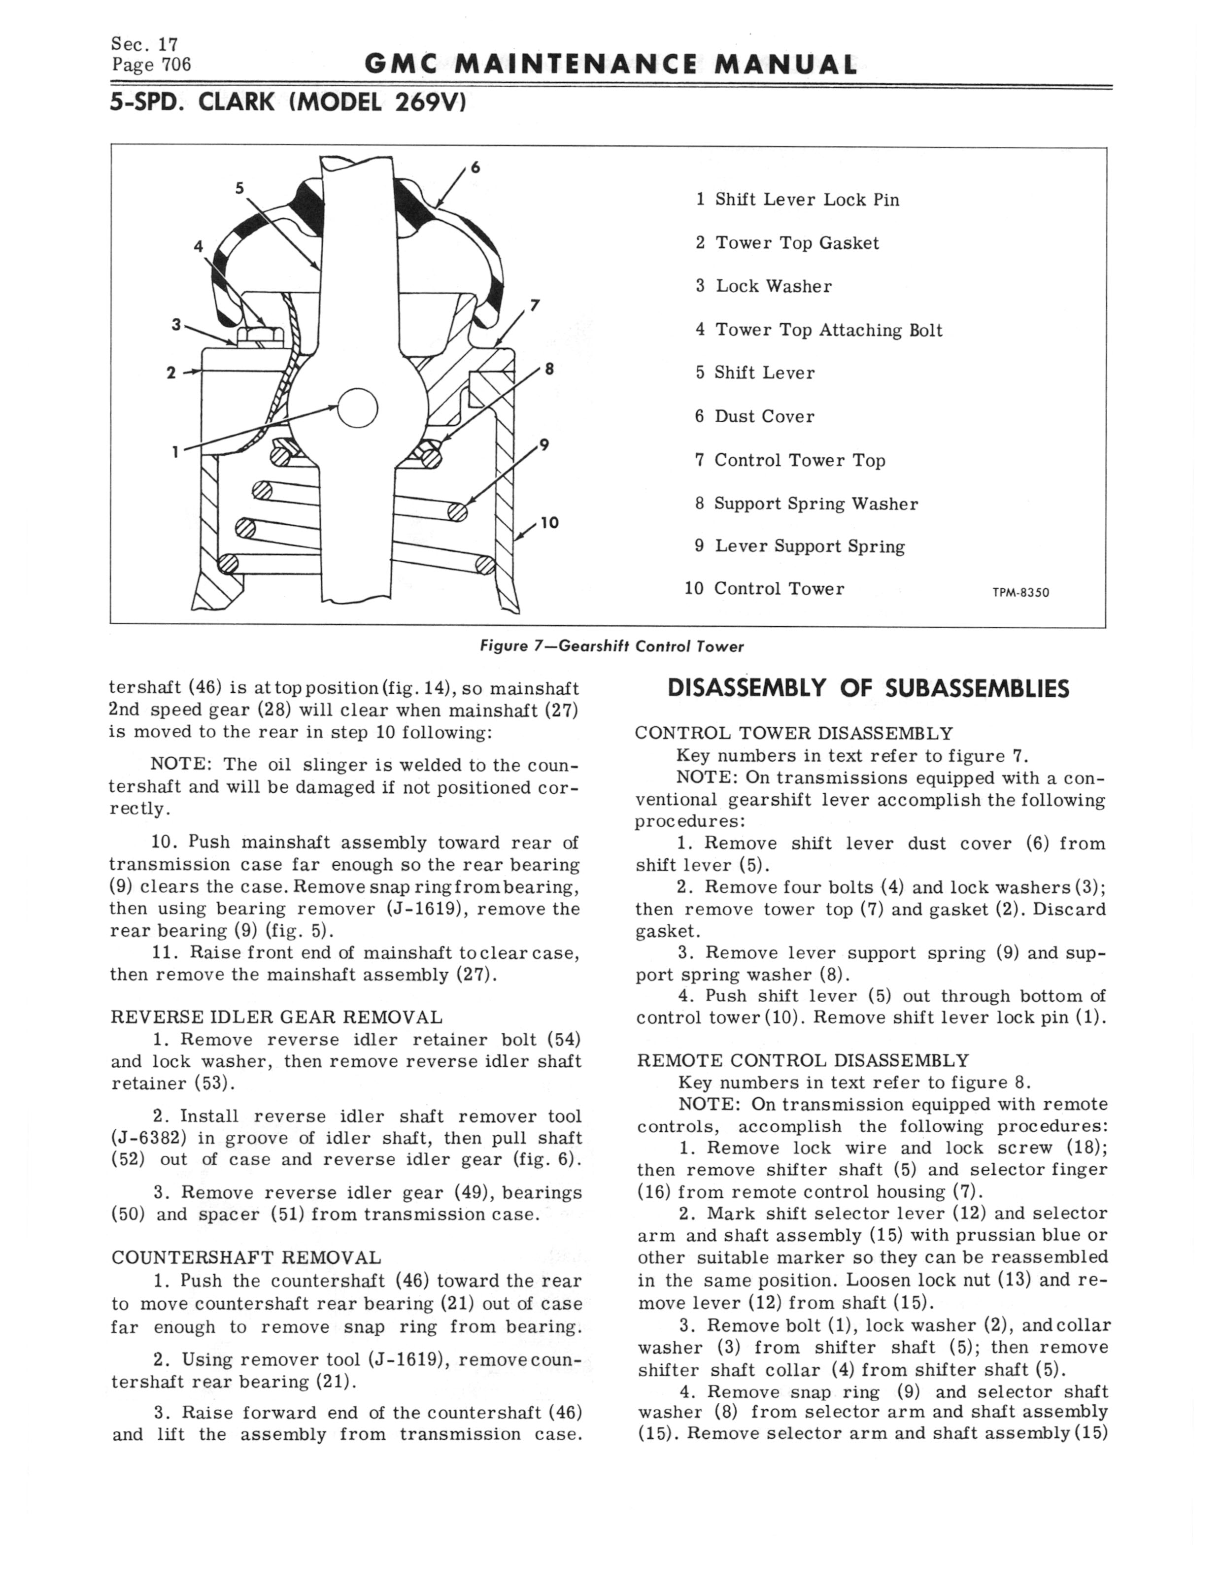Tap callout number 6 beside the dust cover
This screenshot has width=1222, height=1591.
click(475, 167)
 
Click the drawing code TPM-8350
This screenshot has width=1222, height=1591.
click(1020, 592)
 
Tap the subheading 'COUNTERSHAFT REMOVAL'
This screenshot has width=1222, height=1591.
click(246, 1258)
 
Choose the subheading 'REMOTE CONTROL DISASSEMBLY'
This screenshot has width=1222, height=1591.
click(803, 1061)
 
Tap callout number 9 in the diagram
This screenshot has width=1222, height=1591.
click(543, 445)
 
